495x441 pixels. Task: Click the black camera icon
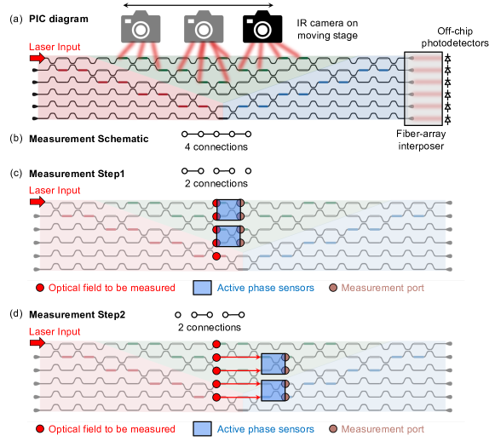coord(262,26)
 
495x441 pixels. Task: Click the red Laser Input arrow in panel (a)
coord(37,58)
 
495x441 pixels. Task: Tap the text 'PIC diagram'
coord(59,19)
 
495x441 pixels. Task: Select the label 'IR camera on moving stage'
coord(327,29)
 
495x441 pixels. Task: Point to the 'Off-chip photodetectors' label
coord(455,37)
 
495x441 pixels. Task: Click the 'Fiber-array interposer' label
coord(421,140)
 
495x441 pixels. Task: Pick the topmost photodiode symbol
coord(447,59)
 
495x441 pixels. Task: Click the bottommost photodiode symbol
coord(447,119)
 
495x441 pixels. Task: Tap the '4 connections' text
coord(216,146)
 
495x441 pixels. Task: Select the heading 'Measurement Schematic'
coord(89,139)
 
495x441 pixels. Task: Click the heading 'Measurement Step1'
coord(77,174)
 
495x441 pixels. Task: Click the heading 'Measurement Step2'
coord(77,314)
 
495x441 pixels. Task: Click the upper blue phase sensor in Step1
coord(229,209)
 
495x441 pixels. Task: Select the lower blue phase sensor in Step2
coord(273,391)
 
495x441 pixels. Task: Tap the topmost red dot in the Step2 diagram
coord(216,344)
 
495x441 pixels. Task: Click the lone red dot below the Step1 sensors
coord(216,256)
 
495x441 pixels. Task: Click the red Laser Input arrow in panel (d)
coord(37,342)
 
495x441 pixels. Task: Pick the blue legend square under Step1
coord(203,288)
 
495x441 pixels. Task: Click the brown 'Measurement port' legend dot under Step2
coord(333,429)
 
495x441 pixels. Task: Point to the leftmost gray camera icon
coord(141,26)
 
